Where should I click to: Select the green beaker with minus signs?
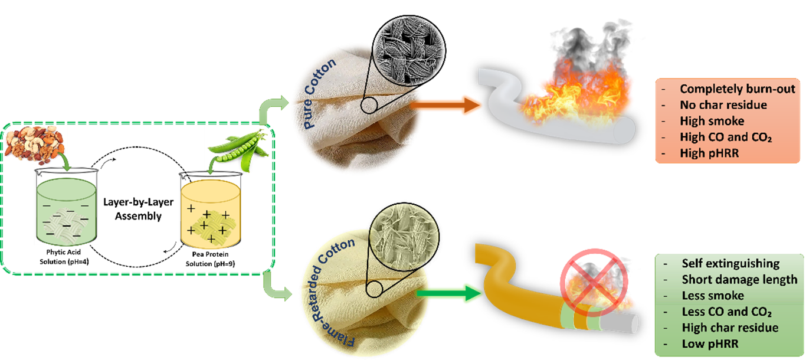[x=65, y=212]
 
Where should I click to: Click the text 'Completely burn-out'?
[x=738, y=89]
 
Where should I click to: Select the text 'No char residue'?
[x=723, y=105]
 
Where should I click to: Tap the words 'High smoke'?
[x=711, y=121]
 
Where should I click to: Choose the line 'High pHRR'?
[x=709, y=153]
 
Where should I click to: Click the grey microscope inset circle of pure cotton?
[x=401, y=42]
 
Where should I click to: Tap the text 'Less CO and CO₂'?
[x=727, y=311]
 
